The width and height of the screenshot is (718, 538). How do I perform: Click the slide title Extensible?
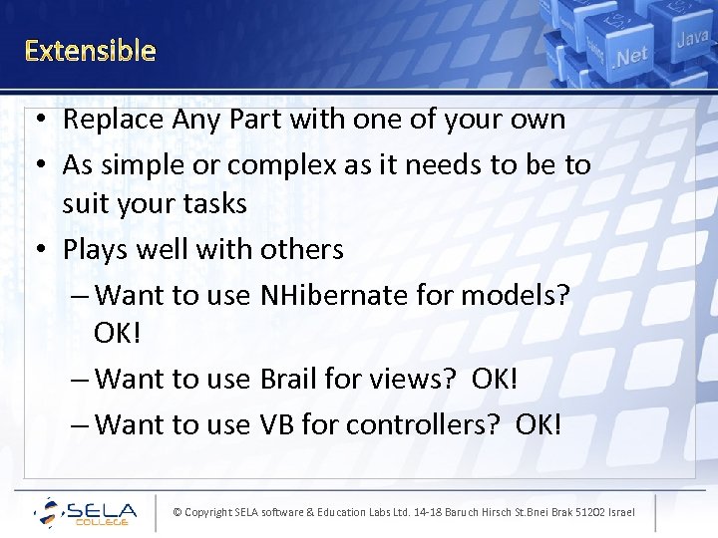tap(90, 50)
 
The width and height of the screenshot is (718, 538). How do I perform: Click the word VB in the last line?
tap(276, 424)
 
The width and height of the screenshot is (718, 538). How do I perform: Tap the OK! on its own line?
tap(118, 333)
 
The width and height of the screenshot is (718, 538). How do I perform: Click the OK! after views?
tap(496, 379)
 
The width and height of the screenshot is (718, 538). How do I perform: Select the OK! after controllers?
tap(538, 424)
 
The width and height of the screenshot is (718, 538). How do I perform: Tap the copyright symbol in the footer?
tap(178, 512)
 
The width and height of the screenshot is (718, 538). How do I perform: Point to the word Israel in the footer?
tap(619, 512)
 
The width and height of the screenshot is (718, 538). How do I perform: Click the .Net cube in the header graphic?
tap(630, 56)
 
